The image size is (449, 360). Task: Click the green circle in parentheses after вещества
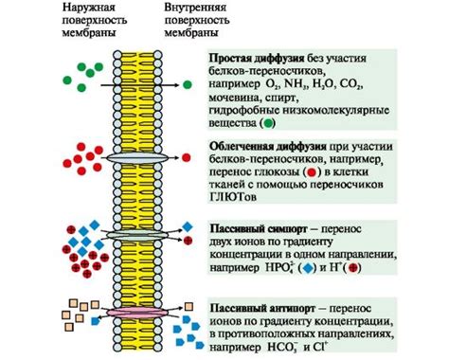click(268, 123)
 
